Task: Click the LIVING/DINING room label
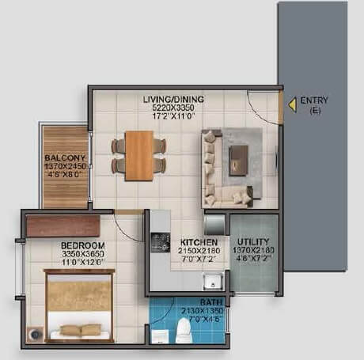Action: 173,99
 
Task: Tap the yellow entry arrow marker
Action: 291,102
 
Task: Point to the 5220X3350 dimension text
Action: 173,108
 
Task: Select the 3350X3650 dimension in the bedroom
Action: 82,256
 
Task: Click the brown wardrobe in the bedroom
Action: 63,225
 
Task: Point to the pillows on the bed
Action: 81,329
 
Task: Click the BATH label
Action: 191,301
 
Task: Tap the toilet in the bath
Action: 184,332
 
